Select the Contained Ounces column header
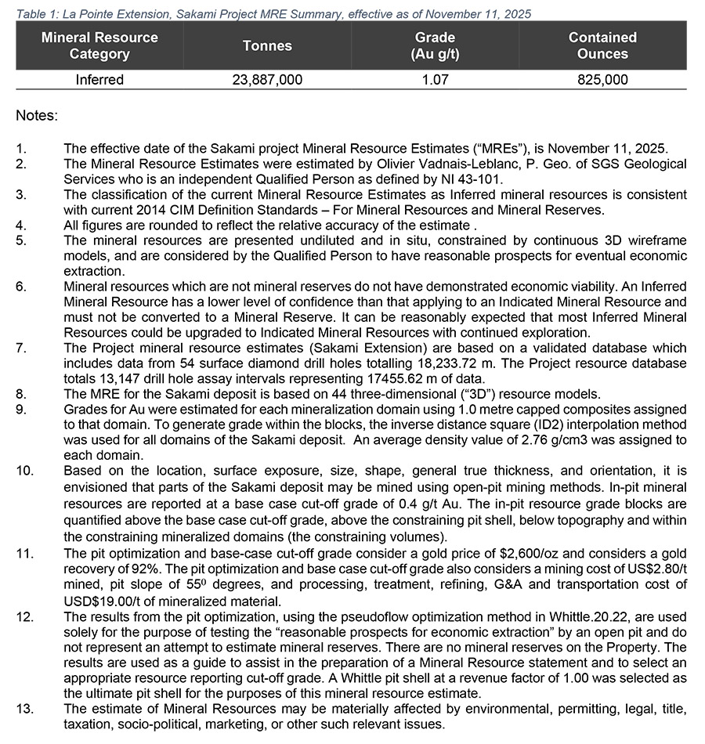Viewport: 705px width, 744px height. pyautogui.click(x=602, y=46)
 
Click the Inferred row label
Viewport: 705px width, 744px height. pyautogui.click(x=99, y=80)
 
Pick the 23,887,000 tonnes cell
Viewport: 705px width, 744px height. pyautogui.click(x=268, y=80)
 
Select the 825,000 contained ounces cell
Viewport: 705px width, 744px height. pyautogui.click(x=602, y=80)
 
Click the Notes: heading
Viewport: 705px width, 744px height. pyautogui.click(x=36, y=116)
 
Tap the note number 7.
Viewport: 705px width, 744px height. pyautogui.click(x=21, y=349)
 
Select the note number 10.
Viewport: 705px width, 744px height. pyautogui.click(x=24, y=471)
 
